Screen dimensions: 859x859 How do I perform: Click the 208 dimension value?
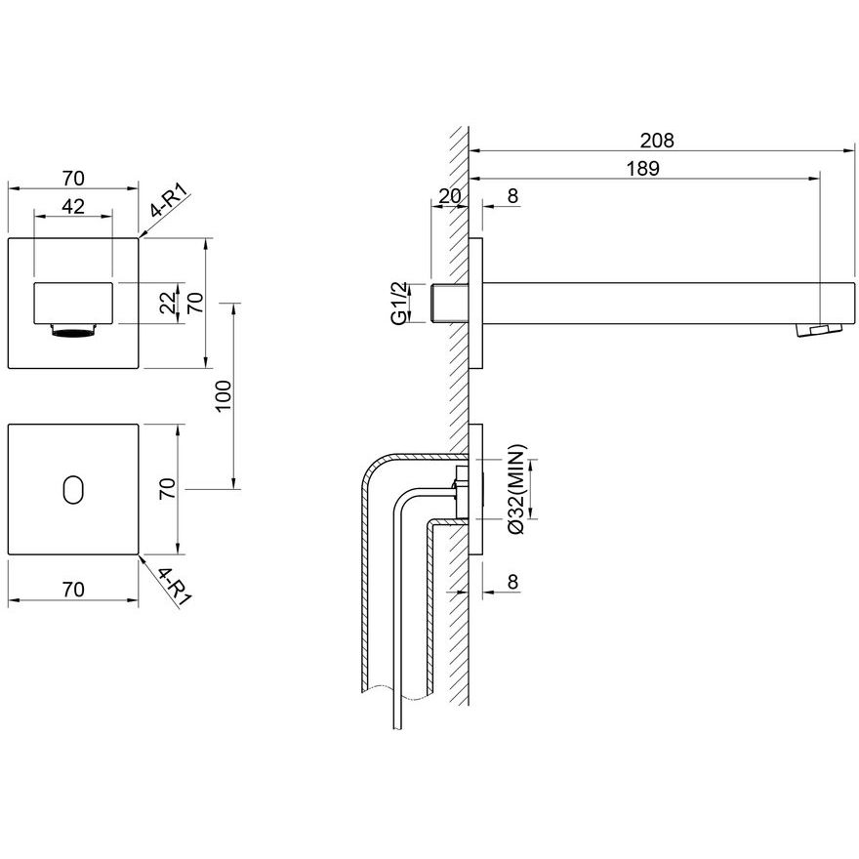(657, 141)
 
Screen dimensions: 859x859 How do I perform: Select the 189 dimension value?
(642, 169)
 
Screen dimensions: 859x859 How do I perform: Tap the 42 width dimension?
(73, 207)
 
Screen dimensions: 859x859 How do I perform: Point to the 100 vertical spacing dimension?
(225, 396)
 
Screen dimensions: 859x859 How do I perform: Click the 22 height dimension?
(169, 302)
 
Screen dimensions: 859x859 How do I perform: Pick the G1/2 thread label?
(400, 303)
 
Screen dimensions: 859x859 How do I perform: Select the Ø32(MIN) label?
(516, 489)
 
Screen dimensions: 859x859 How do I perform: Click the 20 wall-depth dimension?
(450, 195)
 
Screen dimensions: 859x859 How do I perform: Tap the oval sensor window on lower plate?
(73, 489)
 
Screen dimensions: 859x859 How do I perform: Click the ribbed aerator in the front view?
(73, 332)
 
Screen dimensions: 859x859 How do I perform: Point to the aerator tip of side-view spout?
(818, 330)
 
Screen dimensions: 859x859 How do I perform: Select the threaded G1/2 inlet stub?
(450, 303)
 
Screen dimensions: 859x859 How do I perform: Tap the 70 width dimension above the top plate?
(73, 179)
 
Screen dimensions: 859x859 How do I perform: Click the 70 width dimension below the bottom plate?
(73, 590)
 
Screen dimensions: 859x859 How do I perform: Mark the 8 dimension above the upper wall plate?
(512, 195)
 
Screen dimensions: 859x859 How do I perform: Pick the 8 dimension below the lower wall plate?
(512, 581)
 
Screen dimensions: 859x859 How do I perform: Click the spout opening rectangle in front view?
(73, 303)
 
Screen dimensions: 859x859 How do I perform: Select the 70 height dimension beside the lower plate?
(167, 488)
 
